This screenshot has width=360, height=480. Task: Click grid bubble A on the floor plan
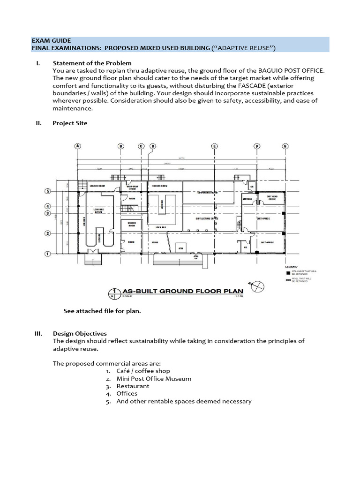click(78, 146)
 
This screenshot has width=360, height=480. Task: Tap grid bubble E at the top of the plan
click(214, 146)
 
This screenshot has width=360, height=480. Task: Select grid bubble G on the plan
click(285, 146)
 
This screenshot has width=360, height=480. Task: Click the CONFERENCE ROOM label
click(208, 193)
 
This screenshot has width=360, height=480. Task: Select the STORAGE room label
click(247, 199)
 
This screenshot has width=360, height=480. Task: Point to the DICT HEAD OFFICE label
click(272, 198)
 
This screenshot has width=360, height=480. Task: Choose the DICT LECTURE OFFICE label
click(207, 218)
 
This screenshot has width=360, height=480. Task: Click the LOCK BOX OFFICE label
click(98, 211)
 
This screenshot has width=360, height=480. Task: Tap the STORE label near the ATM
click(155, 242)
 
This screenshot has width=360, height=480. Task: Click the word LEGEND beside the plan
click(292, 267)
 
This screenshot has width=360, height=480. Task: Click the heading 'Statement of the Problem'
click(92, 63)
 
